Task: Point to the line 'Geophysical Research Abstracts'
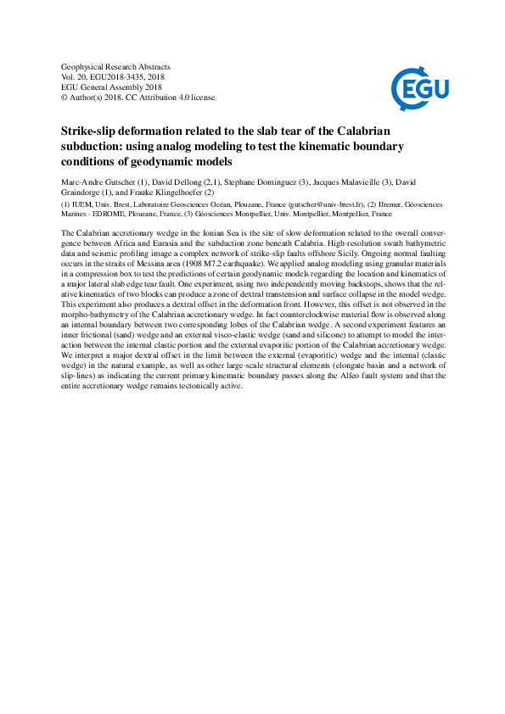coord(116,66)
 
